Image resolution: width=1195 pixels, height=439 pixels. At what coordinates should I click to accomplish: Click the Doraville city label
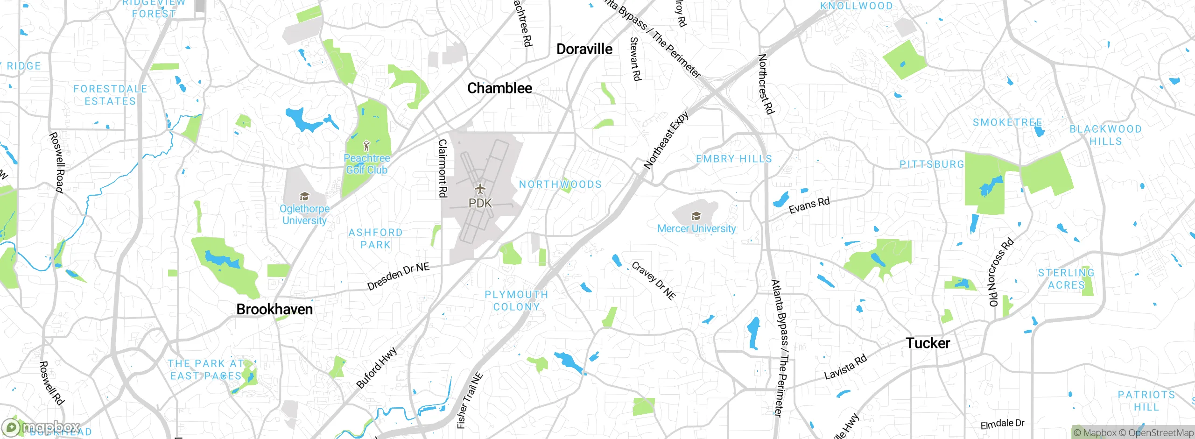tap(584, 49)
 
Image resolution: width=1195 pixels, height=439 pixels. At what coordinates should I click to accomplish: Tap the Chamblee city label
tap(499, 88)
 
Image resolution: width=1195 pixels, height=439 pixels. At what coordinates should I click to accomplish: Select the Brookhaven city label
tap(274, 309)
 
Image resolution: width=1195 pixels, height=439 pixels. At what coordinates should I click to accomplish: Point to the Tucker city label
tap(928, 343)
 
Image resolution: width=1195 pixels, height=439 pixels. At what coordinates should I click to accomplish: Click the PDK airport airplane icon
tap(480, 189)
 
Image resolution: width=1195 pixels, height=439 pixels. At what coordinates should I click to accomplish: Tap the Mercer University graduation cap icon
tap(696, 216)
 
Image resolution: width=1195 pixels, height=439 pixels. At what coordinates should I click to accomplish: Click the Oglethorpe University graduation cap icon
tap(304, 197)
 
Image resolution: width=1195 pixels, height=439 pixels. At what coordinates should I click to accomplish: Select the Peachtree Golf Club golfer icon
tap(366, 146)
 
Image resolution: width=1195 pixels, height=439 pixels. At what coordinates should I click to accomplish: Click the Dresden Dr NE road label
tap(398, 276)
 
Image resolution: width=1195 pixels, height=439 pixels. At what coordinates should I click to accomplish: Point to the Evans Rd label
tap(809, 205)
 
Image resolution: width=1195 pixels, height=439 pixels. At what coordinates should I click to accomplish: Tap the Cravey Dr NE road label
tap(654, 280)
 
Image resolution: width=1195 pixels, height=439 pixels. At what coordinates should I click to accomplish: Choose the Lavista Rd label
tap(845, 367)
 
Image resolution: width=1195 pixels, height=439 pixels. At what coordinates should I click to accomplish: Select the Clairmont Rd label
tap(443, 168)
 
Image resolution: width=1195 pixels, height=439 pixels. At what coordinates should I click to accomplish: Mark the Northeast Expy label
tap(666, 140)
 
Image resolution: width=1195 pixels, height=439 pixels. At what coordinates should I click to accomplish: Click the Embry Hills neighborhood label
tap(734, 159)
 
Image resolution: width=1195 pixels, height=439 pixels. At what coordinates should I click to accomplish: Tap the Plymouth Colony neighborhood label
tap(516, 301)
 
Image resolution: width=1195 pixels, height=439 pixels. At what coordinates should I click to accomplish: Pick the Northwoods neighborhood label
tap(560, 184)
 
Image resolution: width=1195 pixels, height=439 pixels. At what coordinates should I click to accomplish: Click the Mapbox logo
tap(41, 427)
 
